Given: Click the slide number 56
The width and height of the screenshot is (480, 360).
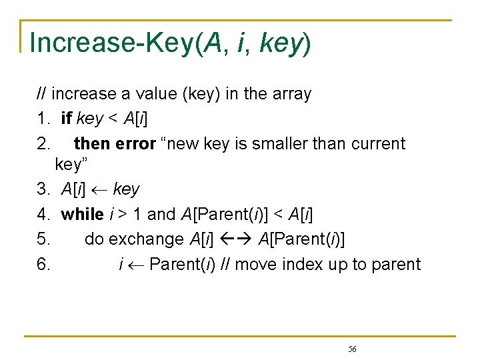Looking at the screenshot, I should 352,349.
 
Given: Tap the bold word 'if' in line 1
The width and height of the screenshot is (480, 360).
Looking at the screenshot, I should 67,119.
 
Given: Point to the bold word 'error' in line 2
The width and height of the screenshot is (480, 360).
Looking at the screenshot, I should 135,143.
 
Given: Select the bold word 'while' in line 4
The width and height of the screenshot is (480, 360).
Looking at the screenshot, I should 81,214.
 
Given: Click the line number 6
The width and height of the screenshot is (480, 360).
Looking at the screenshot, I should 43,264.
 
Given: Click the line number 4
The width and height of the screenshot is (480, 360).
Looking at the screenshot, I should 43,214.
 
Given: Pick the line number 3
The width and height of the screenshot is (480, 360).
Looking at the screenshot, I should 43,190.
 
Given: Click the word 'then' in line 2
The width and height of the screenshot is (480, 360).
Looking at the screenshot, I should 92,143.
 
